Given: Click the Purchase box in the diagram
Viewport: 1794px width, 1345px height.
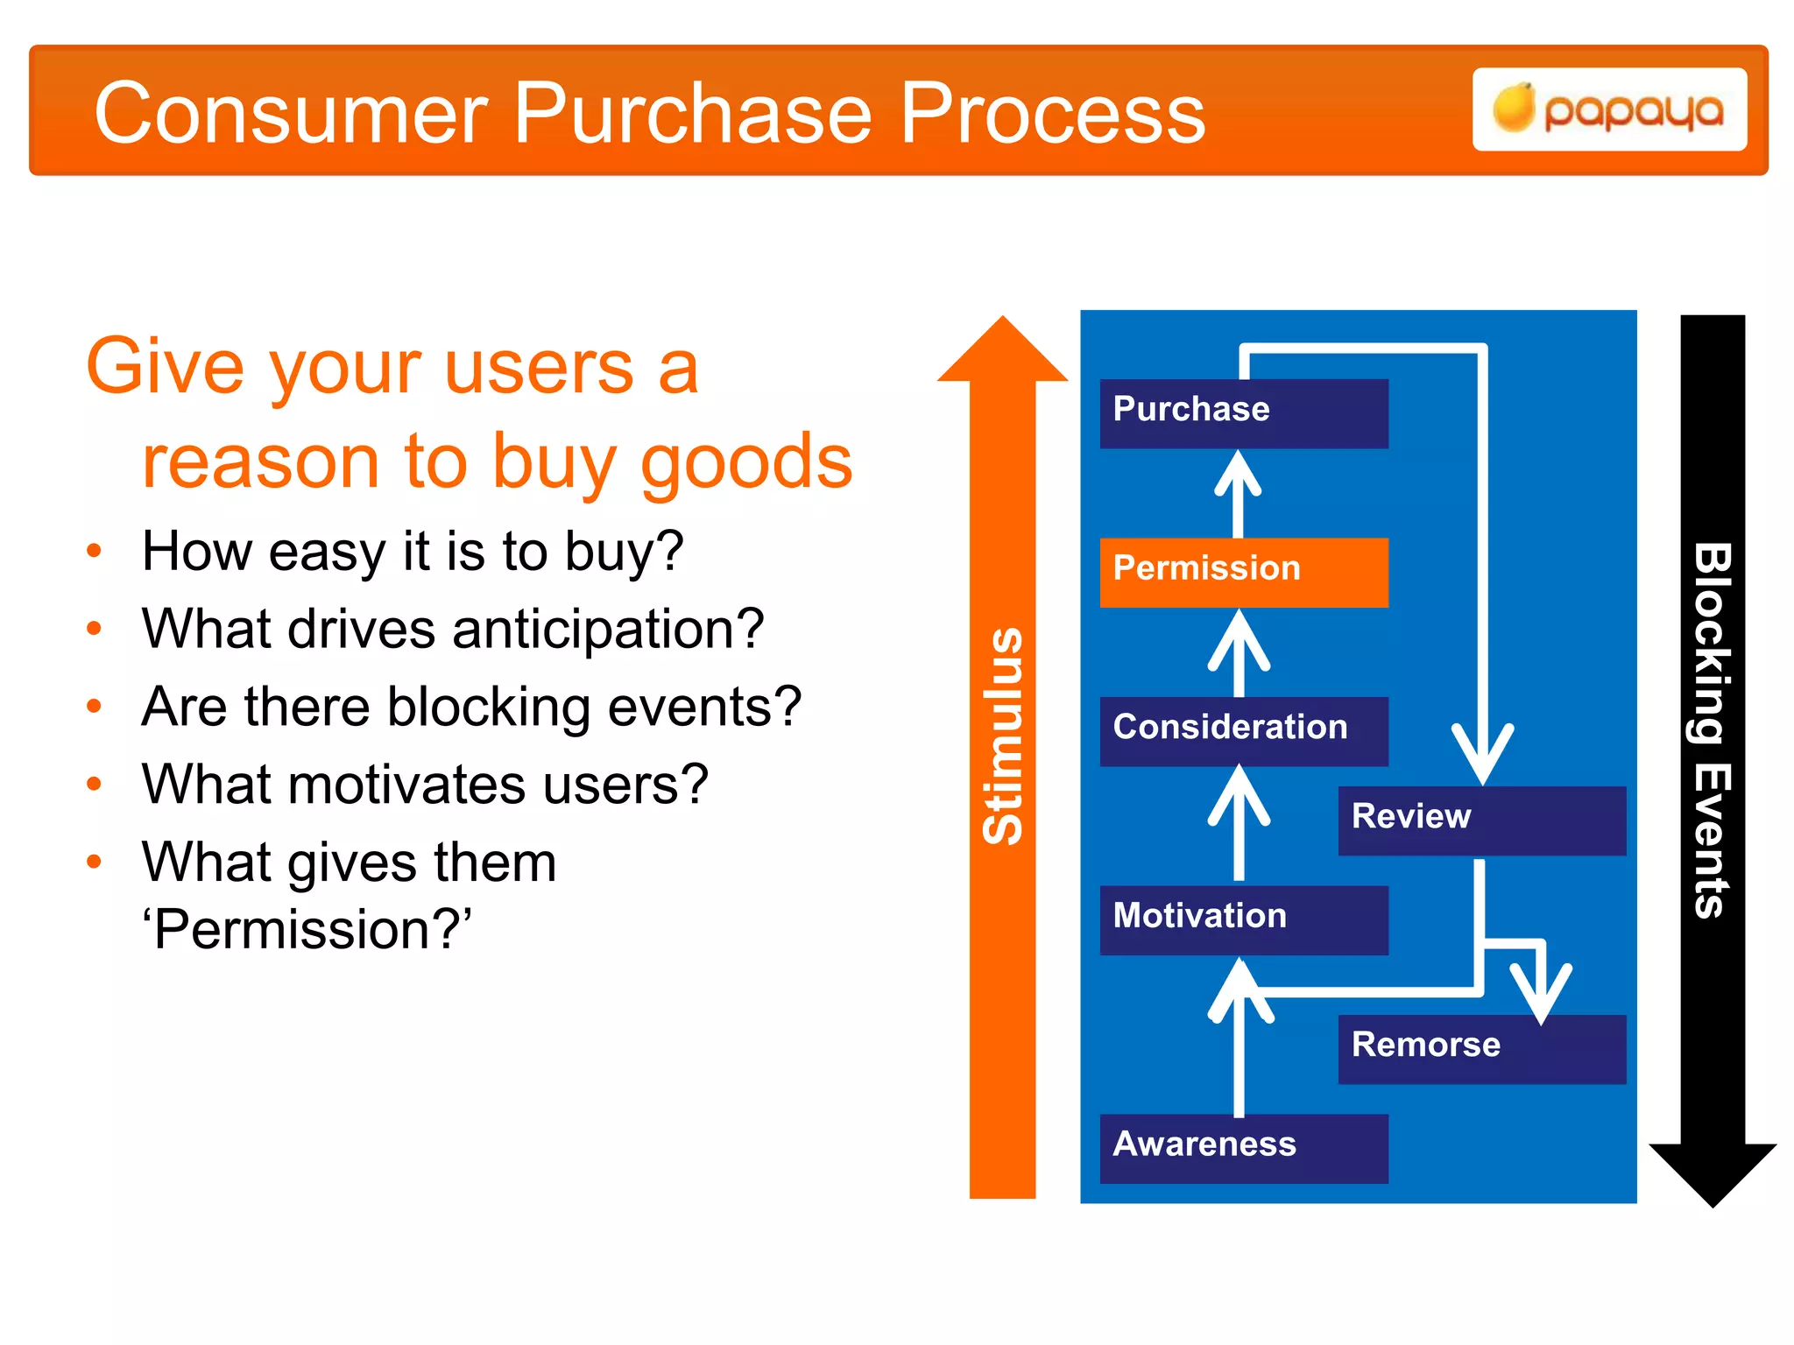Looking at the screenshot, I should click(x=1243, y=412).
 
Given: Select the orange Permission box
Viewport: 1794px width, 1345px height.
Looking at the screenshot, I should click(x=1243, y=572).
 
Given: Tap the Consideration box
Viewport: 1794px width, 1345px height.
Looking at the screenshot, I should click(x=1243, y=730).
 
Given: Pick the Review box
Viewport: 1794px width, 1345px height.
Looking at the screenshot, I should click(x=1481, y=820).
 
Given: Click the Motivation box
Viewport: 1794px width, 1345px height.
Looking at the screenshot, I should click(x=1243, y=919).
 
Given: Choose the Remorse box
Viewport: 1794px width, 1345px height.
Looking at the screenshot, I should click(x=1481, y=1048).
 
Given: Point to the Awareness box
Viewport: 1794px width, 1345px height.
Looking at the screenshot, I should click(x=1243, y=1147).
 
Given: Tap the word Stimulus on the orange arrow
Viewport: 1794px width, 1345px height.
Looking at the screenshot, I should click(x=1003, y=736).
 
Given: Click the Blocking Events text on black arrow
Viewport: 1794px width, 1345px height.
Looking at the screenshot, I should click(x=1712, y=731).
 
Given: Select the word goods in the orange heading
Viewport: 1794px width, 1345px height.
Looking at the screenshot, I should click(x=746, y=461).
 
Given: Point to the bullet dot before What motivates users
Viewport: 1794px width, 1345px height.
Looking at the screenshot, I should click(x=95, y=784).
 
